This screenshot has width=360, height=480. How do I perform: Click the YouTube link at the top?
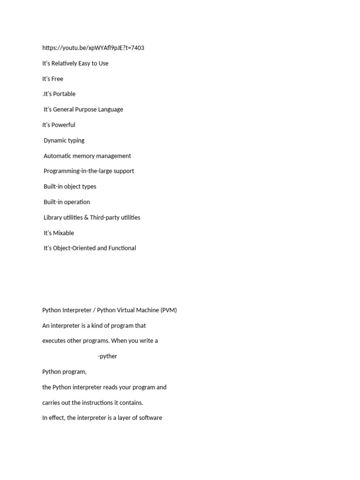tap(93, 48)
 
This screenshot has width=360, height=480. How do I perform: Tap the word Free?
tap(57, 79)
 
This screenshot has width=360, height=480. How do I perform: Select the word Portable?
tap(64, 94)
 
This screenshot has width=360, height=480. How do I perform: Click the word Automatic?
tap(59, 156)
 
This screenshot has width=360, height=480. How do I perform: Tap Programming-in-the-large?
tap(78, 171)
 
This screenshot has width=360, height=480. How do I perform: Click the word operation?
tap(77, 202)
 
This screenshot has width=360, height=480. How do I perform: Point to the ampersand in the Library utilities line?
tap(93, 217)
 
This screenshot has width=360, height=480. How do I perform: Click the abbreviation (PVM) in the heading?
tap(168, 310)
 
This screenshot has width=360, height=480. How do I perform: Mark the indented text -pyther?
tap(107, 356)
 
